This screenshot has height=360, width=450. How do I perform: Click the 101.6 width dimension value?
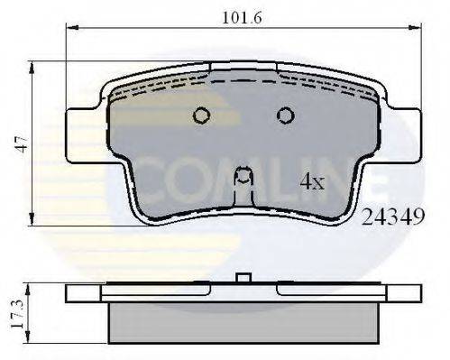[x=242, y=17]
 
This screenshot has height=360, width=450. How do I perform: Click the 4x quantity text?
[x=312, y=182]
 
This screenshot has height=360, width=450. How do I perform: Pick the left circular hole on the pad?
[x=201, y=115]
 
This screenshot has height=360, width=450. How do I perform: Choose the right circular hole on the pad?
[x=285, y=115]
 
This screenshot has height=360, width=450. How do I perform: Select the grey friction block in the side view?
[x=242, y=322]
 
